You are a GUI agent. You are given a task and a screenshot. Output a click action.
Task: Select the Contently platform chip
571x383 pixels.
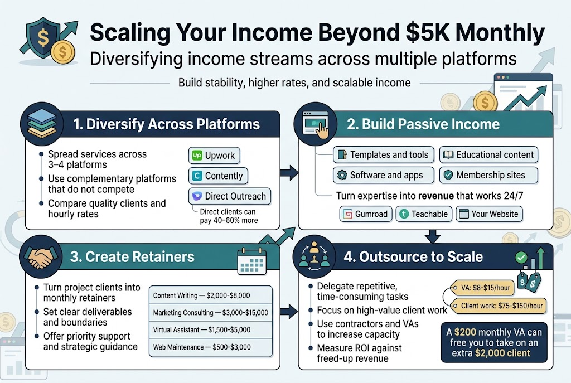(x=218, y=176)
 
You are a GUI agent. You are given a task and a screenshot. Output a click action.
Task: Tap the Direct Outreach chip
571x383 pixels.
(x=230, y=196)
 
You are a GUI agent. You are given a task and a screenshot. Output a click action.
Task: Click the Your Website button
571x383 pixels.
(x=488, y=214)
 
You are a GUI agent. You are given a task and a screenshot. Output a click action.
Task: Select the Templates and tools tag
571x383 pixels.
(x=383, y=155)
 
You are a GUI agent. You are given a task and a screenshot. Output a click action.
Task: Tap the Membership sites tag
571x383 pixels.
(x=488, y=175)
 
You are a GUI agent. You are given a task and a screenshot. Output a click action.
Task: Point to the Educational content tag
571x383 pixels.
(x=488, y=155)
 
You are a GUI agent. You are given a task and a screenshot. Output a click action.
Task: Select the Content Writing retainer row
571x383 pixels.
(x=211, y=295)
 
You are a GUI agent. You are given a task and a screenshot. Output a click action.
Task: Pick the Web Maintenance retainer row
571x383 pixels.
(x=211, y=347)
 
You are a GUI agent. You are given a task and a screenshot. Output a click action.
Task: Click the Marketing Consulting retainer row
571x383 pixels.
(x=211, y=313)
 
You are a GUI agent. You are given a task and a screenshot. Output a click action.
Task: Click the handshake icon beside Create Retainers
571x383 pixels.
(x=40, y=257)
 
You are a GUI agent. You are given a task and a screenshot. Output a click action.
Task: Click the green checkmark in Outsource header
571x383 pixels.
(x=521, y=258)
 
